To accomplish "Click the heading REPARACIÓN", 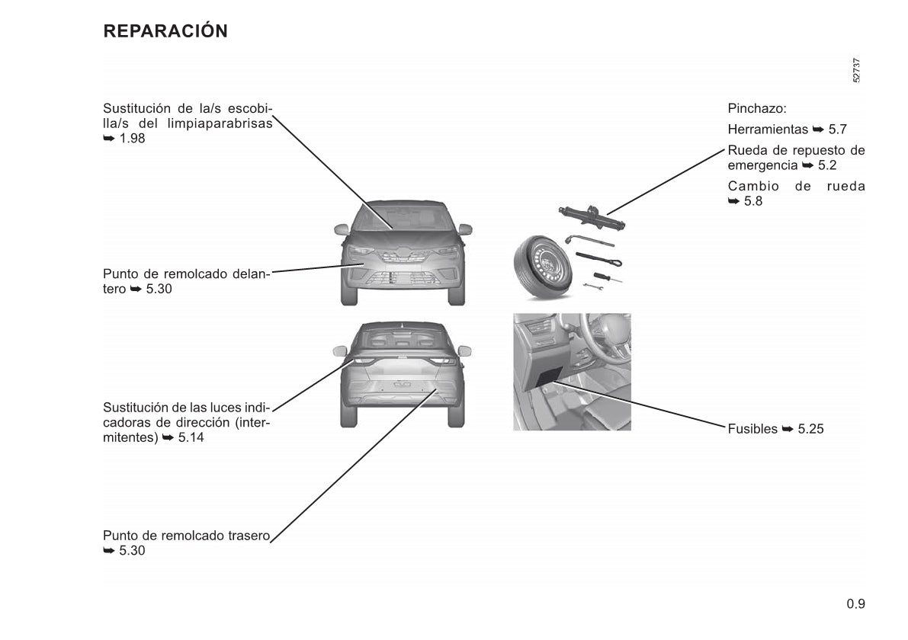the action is [165, 30].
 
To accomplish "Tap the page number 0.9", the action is [855, 604].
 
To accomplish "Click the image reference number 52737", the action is [856, 71].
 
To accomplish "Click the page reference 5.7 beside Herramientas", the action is [837, 129].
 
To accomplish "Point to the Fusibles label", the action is [752, 429].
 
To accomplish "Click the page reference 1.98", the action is [132, 139].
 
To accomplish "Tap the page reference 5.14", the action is [191, 437].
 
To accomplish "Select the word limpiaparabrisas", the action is [220, 123].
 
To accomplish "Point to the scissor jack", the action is [592, 217].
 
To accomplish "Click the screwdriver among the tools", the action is [607, 278].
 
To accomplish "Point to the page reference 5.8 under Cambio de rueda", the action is [752, 201].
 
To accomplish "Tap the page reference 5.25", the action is [810, 429].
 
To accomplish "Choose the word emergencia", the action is [762, 165].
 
